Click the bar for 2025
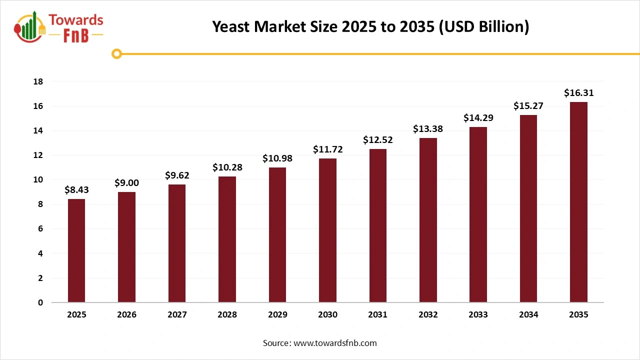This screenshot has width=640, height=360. (76, 250)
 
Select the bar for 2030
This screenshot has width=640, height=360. (327, 230)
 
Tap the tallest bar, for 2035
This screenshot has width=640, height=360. (578, 202)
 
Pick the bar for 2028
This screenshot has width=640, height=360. (227, 239)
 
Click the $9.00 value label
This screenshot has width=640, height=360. (126, 183)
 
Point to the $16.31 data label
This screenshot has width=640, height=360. (578, 93)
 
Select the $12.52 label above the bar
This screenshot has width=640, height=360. (377, 140)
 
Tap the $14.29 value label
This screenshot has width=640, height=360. (478, 118)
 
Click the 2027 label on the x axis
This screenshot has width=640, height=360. (177, 315)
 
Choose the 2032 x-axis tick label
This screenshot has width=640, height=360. (428, 315)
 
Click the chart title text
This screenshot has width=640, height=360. (370, 26)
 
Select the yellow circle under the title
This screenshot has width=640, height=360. (116, 54)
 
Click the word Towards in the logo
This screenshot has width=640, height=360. (76, 20)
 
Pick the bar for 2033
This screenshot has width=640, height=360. (478, 214)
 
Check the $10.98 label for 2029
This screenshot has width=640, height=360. (277, 158)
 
